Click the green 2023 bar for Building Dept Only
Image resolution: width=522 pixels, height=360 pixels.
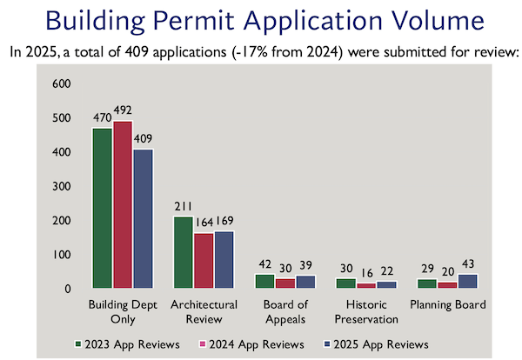click(103, 208)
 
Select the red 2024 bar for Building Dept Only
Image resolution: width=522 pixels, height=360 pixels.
click(123, 204)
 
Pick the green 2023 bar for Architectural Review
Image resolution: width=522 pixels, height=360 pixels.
click(183, 252)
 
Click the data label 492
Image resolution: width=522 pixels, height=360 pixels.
click(123, 112)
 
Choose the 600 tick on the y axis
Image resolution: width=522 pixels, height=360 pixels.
click(61, 84)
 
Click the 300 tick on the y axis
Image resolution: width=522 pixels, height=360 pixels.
click(61, 186)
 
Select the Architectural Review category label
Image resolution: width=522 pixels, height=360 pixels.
click(203, 311)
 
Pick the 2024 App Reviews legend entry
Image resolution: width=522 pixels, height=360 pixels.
click(258, 343)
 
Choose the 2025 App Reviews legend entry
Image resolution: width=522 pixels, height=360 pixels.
click(384, 343)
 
